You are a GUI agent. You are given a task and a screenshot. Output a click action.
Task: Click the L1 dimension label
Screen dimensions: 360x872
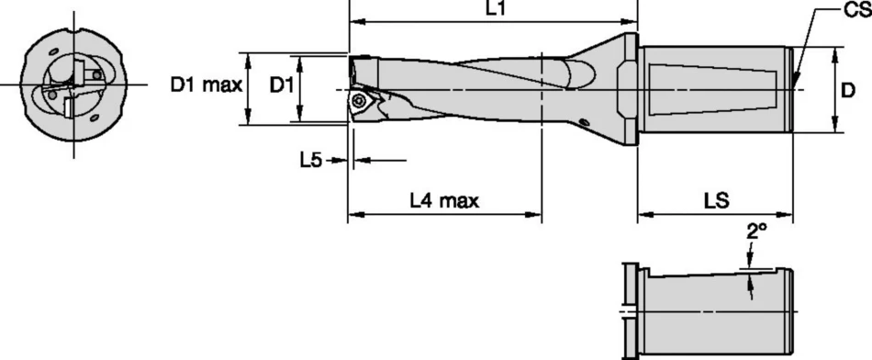494,8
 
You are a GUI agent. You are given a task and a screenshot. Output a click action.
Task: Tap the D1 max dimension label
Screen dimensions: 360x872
206,86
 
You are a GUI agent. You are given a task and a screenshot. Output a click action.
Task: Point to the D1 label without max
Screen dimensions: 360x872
281,86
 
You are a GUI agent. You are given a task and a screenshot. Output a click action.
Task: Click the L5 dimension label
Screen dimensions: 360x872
311,160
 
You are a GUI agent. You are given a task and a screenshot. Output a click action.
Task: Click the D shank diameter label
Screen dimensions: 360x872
849,90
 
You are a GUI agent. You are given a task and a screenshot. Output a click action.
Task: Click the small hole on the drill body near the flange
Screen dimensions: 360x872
584,121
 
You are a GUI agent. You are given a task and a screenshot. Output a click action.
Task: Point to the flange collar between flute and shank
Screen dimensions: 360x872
625,89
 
